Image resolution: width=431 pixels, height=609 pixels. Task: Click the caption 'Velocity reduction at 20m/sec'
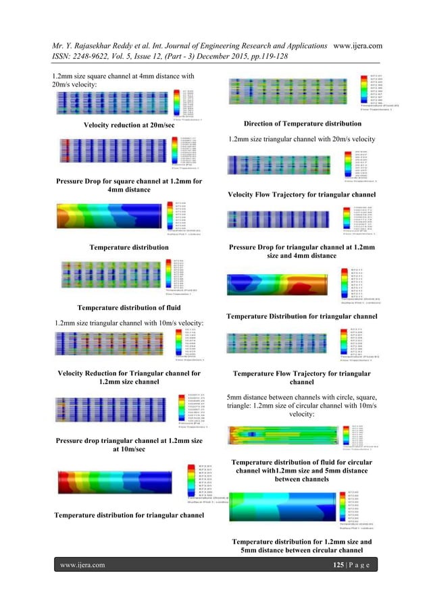(x=128, y=126)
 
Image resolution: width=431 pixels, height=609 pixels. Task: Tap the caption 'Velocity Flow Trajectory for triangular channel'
(x=301, y=194)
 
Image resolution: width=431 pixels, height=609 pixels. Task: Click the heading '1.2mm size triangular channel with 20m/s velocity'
(x=301, y=139)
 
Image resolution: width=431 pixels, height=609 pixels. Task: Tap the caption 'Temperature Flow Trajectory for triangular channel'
(x=301, y=378)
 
